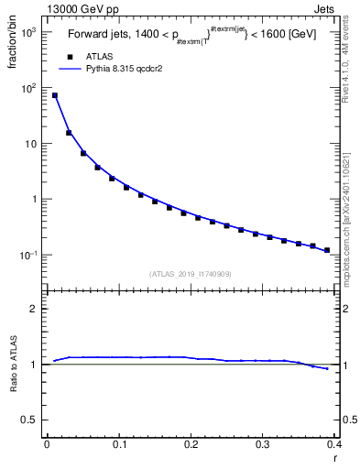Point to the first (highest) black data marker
click(54, 95)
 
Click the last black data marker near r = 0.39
click(327, 250)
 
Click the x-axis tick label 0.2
click(191, 444)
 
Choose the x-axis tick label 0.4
click(334, 444)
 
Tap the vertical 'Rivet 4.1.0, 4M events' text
click(352, 68)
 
